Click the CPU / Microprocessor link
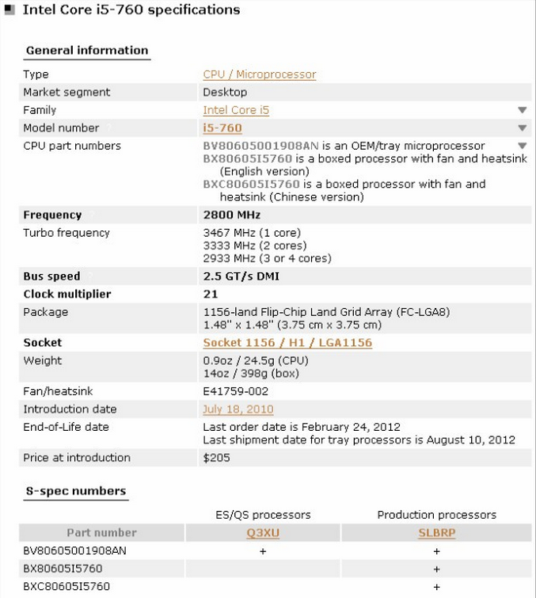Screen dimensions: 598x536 pos(259,74)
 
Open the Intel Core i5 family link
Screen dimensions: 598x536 pos(236,110)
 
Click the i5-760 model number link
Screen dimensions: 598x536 pos(222,128)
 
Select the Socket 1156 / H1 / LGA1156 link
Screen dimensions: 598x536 pos(287,343)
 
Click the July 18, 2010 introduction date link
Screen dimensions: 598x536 pos(238,409)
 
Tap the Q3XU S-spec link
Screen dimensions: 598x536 pos(263,533)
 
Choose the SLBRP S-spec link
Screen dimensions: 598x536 pos(436,533)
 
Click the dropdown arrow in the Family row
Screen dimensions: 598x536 pos(522,110)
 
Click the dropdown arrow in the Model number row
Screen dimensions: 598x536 pos(522,128)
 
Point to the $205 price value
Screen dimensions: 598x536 pos(216,458)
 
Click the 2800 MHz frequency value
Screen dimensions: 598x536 pos(232,215)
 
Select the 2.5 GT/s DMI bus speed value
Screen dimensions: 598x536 pos(241,276)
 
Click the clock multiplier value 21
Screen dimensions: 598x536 pos(210,294)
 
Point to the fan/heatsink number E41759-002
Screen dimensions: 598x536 pos(236,391)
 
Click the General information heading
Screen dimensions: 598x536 pos(86,50)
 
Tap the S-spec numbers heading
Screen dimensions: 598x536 pos(76,491)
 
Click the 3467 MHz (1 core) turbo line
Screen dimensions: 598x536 pos(257,233)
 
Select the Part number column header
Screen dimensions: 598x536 pos(101,533)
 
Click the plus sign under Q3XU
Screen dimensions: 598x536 pos(263,550)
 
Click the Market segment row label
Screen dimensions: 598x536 pos(67,93)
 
